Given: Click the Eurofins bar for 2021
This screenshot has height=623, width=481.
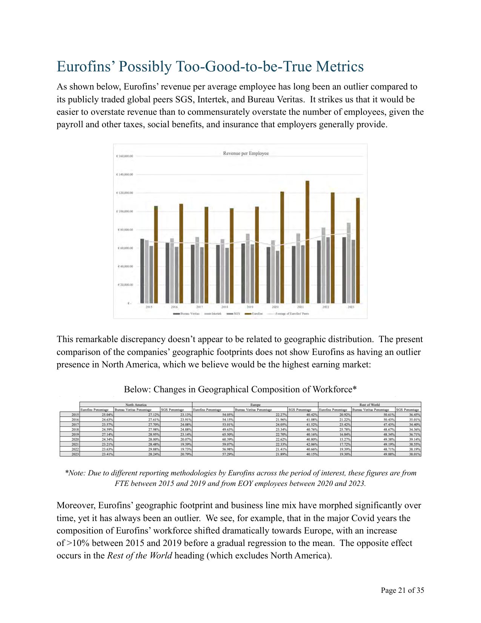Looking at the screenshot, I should click(307, 242).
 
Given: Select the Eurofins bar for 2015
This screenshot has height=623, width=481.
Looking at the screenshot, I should click(156, 254).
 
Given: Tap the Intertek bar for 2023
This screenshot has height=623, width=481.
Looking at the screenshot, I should click(349, 263).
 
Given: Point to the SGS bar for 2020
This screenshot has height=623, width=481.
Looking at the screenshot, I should click(278, 277).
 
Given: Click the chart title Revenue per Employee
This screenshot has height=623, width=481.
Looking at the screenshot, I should click(246, 153).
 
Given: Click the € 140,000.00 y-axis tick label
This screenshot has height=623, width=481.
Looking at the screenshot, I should click(124, 174).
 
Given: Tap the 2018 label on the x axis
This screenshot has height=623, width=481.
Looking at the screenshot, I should click(224, 307).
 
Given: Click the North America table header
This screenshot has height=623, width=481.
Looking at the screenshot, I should click(136, 405).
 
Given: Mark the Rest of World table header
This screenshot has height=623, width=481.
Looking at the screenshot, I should click(369, 405).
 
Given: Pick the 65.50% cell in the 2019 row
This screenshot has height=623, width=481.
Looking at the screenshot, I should click(227, 434).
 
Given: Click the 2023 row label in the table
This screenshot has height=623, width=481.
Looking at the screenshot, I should click(75, 454).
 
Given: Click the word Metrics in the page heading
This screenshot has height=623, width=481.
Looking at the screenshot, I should click(340, 66).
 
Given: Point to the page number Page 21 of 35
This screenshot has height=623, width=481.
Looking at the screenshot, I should click(402, 590).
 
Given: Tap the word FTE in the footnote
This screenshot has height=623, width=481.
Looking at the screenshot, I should click(122, 483).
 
